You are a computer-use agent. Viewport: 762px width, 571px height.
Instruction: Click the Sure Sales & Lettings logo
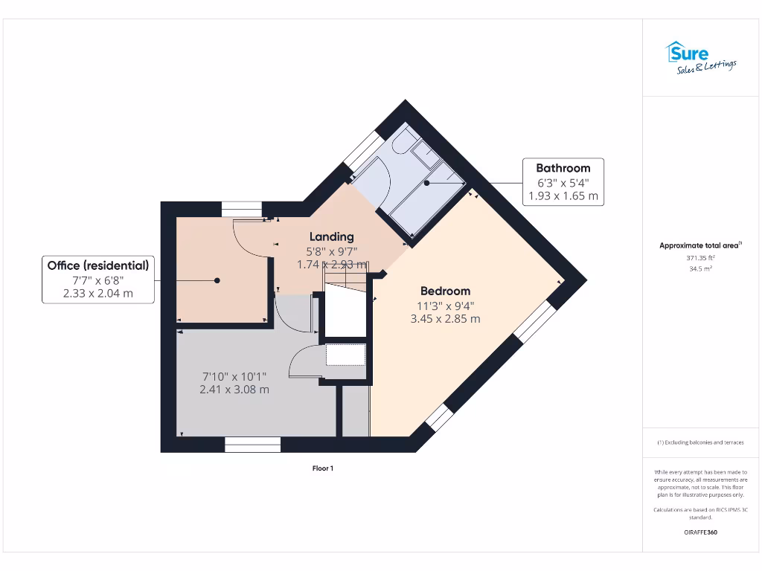[699, 57]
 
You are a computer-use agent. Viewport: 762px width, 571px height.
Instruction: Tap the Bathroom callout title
[563, 168]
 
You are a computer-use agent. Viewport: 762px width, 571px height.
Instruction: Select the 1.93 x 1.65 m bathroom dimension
[563, 196]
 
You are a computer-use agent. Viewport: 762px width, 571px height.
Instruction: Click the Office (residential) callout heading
[98, 265]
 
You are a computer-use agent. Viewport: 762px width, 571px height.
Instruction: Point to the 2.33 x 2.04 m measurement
[98, 294]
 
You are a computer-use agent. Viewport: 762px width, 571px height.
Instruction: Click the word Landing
[332, 237]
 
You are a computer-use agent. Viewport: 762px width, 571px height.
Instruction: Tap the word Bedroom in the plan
[445, 291]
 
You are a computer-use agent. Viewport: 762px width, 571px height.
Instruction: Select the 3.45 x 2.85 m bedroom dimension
[445, 318]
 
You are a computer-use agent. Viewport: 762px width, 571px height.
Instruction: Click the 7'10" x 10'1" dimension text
[234, 375]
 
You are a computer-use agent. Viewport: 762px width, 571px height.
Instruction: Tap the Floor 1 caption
[323, 468]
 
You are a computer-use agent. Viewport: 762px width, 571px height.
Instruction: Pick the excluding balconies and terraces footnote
[700, 442]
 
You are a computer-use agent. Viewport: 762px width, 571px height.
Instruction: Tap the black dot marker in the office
[217, 280]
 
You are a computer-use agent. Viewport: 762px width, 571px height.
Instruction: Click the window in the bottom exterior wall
[252, 445]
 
